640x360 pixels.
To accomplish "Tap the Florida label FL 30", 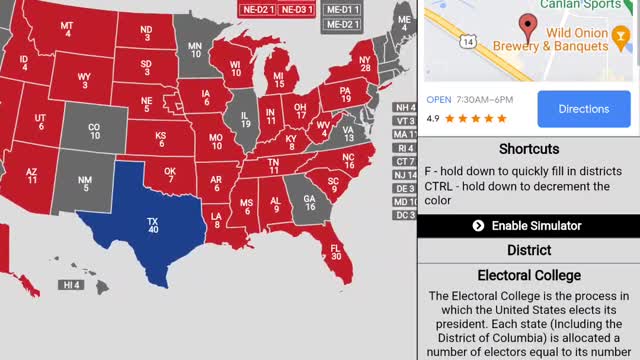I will pos(336,251).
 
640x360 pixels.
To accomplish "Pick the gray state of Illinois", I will pos(244,121).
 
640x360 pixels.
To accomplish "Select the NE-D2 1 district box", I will pos(257,9).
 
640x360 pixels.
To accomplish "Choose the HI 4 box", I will pos(71,285).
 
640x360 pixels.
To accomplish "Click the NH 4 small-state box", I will pos(404,107).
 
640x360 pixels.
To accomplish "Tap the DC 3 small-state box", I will pos(404,215).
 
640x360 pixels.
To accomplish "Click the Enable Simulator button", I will pos(527,226).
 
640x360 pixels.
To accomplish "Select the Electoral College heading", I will pos(527,275).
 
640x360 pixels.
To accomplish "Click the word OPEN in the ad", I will pos(439,100).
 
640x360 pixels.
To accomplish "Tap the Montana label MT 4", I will pos(67,30).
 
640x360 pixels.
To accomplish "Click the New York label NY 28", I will pos(364,65).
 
